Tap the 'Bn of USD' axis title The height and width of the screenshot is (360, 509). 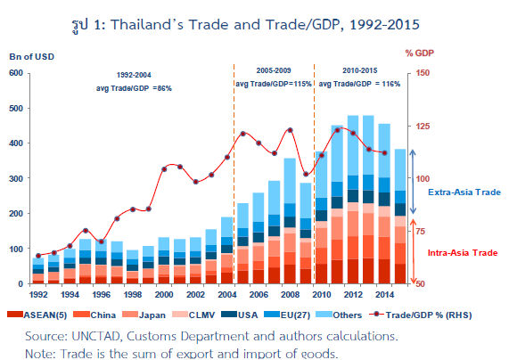[x=32, y=57]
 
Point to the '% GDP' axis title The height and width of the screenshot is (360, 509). [x=419, y=53]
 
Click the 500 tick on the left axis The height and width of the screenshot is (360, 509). [x=16, y=108]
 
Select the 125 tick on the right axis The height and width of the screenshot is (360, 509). [x=423, y=126]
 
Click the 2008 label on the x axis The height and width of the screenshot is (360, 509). [x=290, y=294]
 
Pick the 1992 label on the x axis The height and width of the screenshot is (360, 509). [x=38, y=294]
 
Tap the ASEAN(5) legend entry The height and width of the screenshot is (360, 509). [x=37, y=315]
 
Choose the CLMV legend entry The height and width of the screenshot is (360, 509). [x=193, y=315]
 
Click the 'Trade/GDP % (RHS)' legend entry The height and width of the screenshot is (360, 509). [x=421, y=315]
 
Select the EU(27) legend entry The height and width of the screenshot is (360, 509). [x=287, y=315]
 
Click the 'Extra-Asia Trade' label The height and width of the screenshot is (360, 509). [x=464, y=192]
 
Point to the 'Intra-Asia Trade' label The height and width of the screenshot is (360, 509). [x=463, y=253]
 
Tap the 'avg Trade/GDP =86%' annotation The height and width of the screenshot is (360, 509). [x=134, y=88]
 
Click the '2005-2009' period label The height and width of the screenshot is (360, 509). [x=274, y=70]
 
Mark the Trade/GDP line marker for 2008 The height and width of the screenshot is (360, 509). [x=291, y=130]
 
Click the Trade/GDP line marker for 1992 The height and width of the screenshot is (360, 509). [x=38, y=256]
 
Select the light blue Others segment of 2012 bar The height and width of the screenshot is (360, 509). [x=353, y=145]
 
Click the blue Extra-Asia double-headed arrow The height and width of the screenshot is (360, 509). [x=413, y=182]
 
